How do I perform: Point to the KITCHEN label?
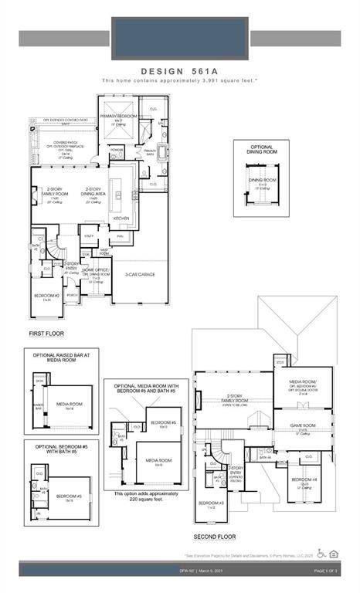[122, 219]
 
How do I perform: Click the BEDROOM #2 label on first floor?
[45, 296]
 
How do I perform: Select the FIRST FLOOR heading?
[46, 334]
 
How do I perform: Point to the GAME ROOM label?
[302, 425]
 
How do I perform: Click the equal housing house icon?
[334, 553]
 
